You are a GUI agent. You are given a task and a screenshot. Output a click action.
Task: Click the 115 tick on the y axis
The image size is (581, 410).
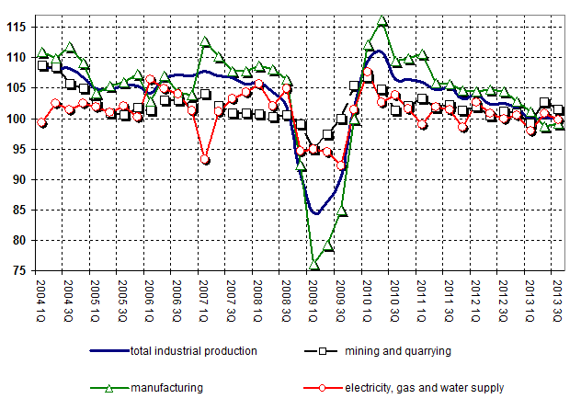tap(17, 27)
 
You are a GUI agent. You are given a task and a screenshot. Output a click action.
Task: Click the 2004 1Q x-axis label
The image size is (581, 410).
tap(41, 297)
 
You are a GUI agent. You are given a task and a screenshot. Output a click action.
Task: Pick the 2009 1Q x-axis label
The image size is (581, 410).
tap(313, 297)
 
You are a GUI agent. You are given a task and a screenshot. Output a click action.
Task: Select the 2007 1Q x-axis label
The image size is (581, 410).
tap(205, 297)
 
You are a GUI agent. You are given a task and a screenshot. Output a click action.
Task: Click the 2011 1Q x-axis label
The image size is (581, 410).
tap(422, 297)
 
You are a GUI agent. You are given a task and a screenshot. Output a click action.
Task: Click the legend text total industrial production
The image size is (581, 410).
tap(193, 350)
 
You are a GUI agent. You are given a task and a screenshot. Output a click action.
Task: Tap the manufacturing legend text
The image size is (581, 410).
tap(163, 387)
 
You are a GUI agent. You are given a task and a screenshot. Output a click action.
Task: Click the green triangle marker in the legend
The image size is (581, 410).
tap(109, 387)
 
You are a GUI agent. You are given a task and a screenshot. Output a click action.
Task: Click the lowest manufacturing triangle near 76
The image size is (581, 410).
tap(313, 265)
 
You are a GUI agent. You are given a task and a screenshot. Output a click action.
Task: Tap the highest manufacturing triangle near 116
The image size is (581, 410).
tap(382, 21)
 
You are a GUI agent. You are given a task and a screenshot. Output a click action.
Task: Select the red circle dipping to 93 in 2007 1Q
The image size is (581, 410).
tap(205, 160)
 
